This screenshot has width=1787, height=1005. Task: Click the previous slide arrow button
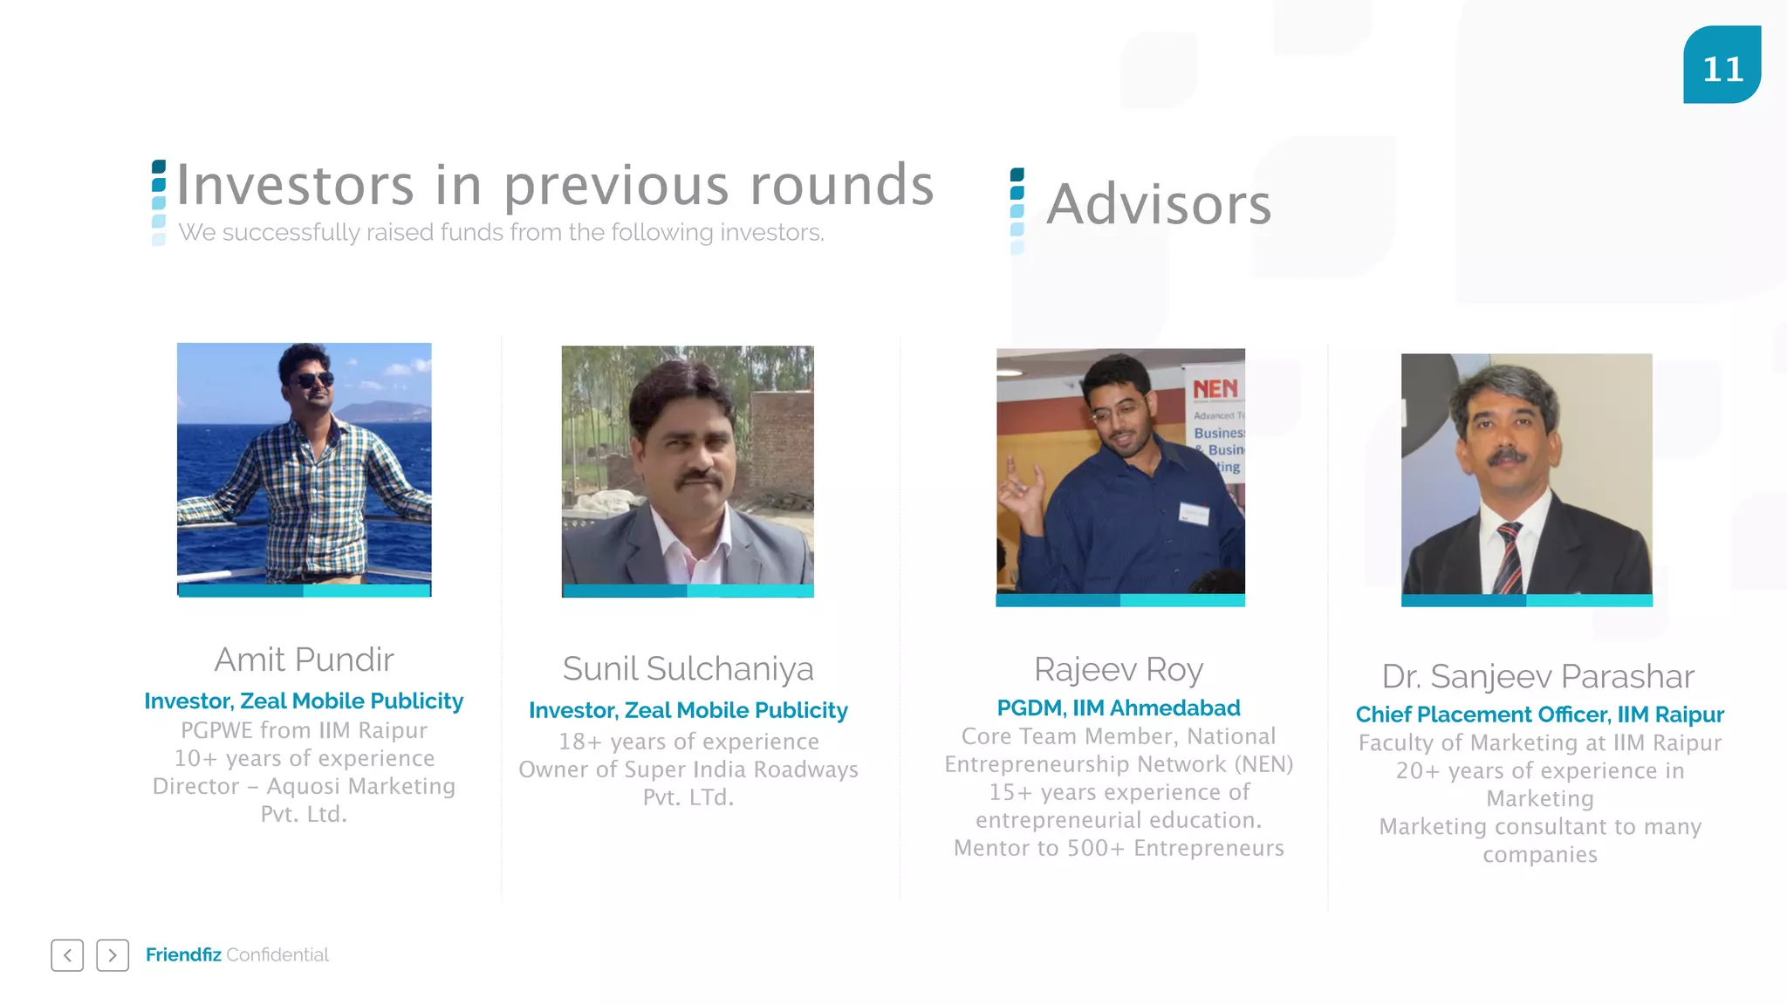coord(67,955)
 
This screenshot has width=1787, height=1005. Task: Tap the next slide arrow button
coord(113,955)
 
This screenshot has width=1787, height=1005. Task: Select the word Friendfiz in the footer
coord(183,954)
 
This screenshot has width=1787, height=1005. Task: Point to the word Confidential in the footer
coord(277,954)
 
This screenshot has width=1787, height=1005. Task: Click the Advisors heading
coord(1159,204)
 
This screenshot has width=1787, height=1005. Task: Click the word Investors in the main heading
coord(295,185)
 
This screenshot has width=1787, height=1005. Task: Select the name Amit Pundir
coord(304,660)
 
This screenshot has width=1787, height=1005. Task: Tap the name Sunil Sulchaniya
coord(688,669)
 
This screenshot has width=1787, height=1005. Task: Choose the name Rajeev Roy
coord(1119,669)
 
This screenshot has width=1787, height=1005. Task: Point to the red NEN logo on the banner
coord(1215,388)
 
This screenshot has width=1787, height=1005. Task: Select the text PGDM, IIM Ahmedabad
coord(1119,708)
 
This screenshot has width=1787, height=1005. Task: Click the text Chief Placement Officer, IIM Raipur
coord(1539,714)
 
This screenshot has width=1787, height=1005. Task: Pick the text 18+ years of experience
coord(688,742)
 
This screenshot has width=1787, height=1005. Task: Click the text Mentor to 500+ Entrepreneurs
coord(1119,848)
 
